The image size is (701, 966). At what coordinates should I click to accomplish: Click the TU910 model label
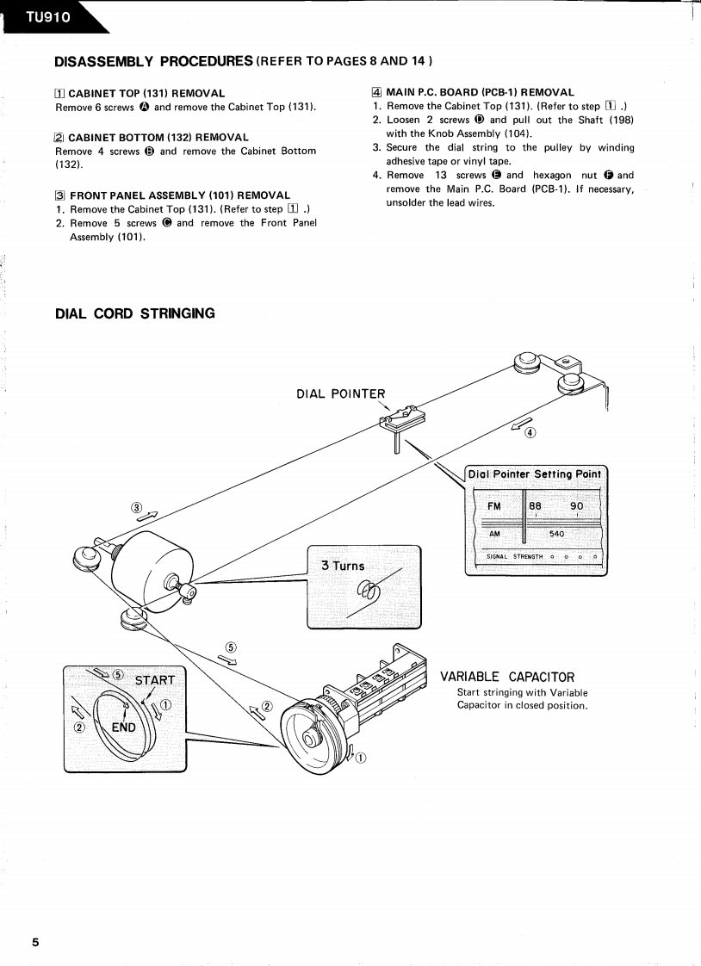tap(41, 16)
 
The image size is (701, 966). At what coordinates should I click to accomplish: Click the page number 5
tap(35, 942)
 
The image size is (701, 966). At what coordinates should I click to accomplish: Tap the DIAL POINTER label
tap(340, 394)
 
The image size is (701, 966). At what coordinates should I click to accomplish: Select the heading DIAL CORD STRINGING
tap(134, 313)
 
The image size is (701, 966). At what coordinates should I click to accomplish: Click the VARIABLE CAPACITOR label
tap(506, 677)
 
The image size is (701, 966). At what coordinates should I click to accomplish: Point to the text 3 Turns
tap(343, 566)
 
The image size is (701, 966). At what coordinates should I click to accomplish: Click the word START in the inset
tap(155, 679)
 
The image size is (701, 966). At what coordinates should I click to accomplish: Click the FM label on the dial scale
tap(494, 506)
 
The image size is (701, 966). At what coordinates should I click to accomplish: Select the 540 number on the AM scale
tap(556, 534)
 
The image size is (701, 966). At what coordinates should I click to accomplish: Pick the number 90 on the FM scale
tap(577, 506)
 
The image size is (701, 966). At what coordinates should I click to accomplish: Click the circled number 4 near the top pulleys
tap(530, 432)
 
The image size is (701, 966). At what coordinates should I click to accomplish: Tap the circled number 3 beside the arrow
tap(135, 507)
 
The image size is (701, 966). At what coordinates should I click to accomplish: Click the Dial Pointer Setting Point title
tap(535, 474)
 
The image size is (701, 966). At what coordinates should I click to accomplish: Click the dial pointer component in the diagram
tap(397, 423)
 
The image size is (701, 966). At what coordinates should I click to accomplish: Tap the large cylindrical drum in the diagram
tap(152, 567)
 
